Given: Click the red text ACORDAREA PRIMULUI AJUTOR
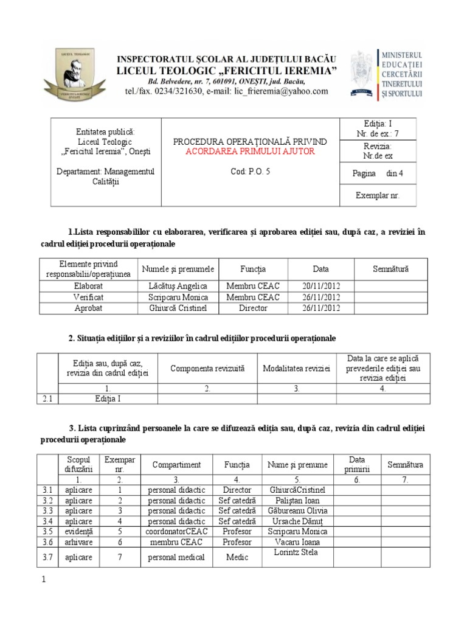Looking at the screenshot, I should tap(250, 151).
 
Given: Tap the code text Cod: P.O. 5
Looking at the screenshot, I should tap(250, 172).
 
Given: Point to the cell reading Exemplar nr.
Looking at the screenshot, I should tap(377, 195).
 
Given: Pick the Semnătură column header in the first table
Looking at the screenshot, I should tap(390, 268).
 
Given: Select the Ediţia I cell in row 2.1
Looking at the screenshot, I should tap(108, 399).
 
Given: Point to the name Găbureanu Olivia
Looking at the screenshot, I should tap(297, 510).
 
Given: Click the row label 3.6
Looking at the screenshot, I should tap(48, 541).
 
